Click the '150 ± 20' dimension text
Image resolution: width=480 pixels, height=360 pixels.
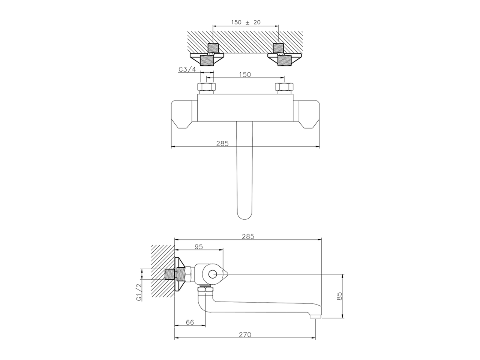pos(246,22)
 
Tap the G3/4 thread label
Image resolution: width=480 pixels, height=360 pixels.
pos(187,69)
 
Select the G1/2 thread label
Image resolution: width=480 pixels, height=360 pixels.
pos(139,292)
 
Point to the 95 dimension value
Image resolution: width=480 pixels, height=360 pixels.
pos(199,246)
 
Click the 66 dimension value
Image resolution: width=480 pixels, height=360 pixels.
pos(190,322)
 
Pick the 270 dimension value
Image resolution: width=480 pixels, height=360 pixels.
pos(245,334)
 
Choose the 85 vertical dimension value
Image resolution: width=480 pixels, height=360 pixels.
pos(339,296)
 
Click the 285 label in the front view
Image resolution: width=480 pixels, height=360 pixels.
pos(222,143)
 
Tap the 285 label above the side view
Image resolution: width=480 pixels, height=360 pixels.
pos(248,236)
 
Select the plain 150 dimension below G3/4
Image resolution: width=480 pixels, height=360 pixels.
pos(245,75)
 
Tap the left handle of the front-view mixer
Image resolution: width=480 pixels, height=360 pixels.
pos(184,114)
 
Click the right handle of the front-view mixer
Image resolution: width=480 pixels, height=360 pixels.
pos(306,114)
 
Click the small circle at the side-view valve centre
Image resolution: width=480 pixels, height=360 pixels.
pos(212,274)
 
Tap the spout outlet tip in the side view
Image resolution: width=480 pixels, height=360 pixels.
pos(315,316)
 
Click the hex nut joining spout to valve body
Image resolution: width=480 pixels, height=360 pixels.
pos(205,291)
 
